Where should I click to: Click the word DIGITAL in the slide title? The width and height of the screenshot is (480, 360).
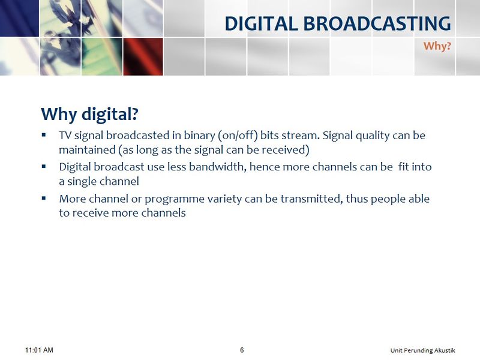click(261, 23)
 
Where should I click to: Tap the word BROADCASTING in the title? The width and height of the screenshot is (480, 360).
click(377, 23)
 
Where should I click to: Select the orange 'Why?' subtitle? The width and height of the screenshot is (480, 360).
click(437, 46)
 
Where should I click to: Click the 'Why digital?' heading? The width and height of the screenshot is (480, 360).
click(89, 115)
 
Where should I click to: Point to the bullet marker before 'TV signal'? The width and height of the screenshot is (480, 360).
click(44, 134)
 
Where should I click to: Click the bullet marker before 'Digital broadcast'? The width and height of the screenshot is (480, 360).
click(44, 166)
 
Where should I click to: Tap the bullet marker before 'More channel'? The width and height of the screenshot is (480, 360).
click(44, 198)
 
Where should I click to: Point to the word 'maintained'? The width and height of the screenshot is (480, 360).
click(87, 150)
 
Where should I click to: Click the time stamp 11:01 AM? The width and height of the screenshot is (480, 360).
click(39, 350)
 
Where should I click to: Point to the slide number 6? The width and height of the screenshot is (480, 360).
click(242, 350)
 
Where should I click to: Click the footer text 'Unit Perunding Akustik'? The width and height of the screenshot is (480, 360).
click(423, 350)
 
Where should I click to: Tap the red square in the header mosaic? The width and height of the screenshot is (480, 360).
click(143, 56)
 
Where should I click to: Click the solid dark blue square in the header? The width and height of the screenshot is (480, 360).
click(19, 18)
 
